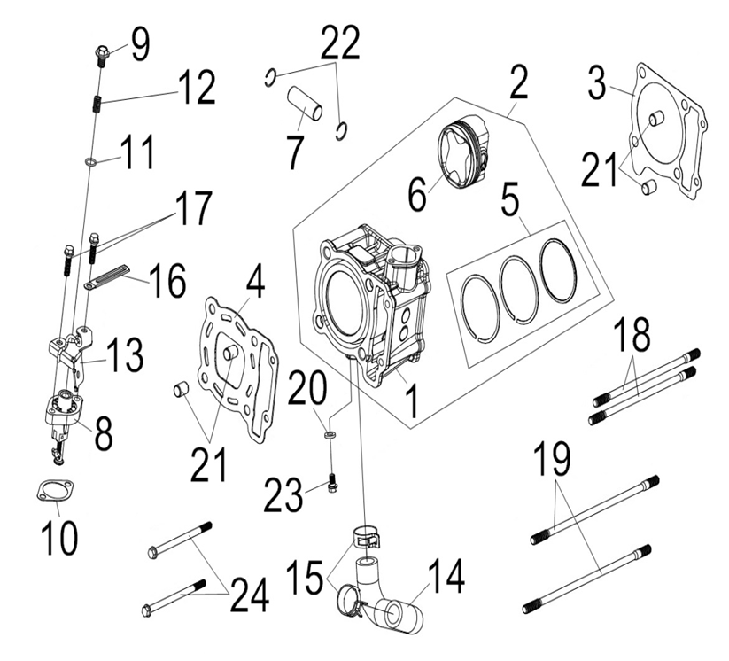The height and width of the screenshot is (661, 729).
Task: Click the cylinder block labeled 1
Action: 372,301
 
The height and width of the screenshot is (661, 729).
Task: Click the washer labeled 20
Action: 330,435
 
